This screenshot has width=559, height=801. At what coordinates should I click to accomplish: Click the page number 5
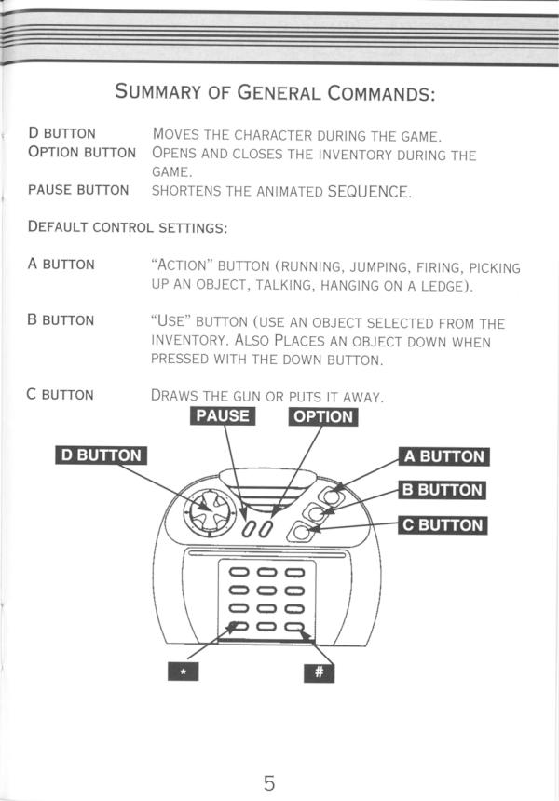pos(269,755)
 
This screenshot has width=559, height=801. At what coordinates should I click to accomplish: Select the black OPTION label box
pos(322,416)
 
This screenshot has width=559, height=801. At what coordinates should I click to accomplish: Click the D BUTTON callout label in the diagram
pos(101,455)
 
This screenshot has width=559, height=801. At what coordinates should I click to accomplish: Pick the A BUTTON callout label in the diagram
pos(444,456)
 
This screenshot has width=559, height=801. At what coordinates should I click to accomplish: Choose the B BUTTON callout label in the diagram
pos(442,490)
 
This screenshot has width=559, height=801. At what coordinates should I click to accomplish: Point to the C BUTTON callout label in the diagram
pos(443,524)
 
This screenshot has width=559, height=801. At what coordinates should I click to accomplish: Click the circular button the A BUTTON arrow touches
pos(330,494)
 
